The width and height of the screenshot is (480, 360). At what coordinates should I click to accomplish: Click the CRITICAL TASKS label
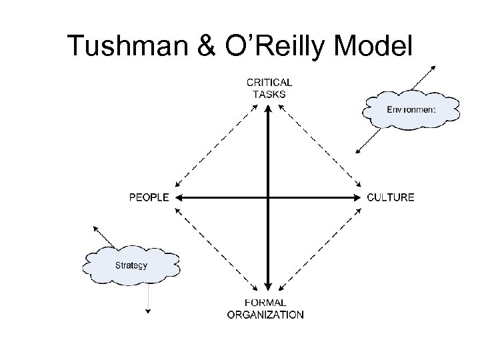click(x=269, y=89)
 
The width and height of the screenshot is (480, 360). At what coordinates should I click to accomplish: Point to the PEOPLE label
click(x=149, y=197)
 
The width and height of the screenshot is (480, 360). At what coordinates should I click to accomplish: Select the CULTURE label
click(x=391, y=197)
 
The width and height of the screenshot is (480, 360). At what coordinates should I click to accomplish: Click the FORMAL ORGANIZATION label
click(x=265, y=309)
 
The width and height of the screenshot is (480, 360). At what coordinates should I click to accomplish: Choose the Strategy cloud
click(x=131, y=265)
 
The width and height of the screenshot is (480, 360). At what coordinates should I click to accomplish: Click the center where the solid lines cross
click(x=268, y=197)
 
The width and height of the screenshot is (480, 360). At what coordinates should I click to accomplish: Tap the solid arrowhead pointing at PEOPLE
click(x=179, y=197)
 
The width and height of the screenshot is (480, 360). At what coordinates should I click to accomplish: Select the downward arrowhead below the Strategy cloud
click(x=147, y=310)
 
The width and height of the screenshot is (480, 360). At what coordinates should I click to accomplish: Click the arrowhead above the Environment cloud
click(x=435, y=67)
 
